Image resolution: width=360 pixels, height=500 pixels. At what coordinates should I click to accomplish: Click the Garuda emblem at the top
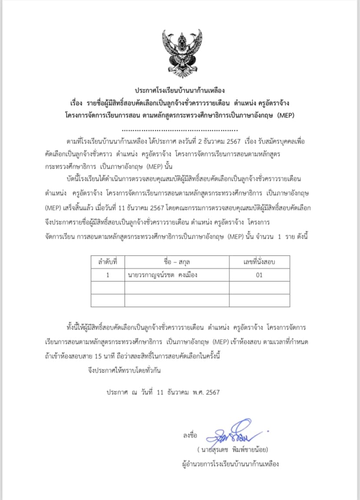point(180,52)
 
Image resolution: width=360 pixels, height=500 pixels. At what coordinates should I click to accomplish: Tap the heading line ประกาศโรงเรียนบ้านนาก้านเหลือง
point(180,91)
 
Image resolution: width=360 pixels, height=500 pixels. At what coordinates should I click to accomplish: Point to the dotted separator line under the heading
point(180,129)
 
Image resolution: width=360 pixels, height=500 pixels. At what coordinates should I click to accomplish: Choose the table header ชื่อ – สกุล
point(177,262)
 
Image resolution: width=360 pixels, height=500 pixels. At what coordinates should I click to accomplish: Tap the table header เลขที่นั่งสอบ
point(259,262)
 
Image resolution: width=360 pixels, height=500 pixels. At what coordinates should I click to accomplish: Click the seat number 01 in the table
point(259,275)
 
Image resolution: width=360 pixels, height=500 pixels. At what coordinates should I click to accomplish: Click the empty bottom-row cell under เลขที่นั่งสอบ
point(259,300)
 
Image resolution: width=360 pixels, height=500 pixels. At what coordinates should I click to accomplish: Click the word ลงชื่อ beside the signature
point(190,435)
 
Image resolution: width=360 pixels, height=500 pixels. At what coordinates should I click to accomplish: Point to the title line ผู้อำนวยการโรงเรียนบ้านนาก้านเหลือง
point(230,463)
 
